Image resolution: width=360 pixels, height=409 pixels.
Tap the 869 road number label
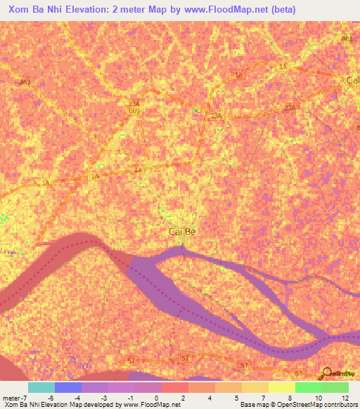pyautogui.click(x=134, y=111)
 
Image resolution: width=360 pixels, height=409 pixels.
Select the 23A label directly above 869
pyautogui.click(x=134, y=103)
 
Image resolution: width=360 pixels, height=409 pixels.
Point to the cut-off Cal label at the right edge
pyautogui.click(x=353, y=80)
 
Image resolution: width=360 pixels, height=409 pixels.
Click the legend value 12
pyautogui.click(x=345, y=397)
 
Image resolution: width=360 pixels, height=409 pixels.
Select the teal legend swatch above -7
pyautogui.click(x=41, y=387)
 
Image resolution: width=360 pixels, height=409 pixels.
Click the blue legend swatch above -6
pyautogui.click(x=68, y=387)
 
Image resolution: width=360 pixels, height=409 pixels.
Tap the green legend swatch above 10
pyautogui.click(x=308, y=387)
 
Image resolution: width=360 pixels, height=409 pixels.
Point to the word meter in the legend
pyautogui.click(x=11, y=397)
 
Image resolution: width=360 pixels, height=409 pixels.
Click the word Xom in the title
pyautogui.click(x=20, y=9)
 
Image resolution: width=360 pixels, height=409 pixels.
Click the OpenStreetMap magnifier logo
pyautogui.click(x=328, y=375)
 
